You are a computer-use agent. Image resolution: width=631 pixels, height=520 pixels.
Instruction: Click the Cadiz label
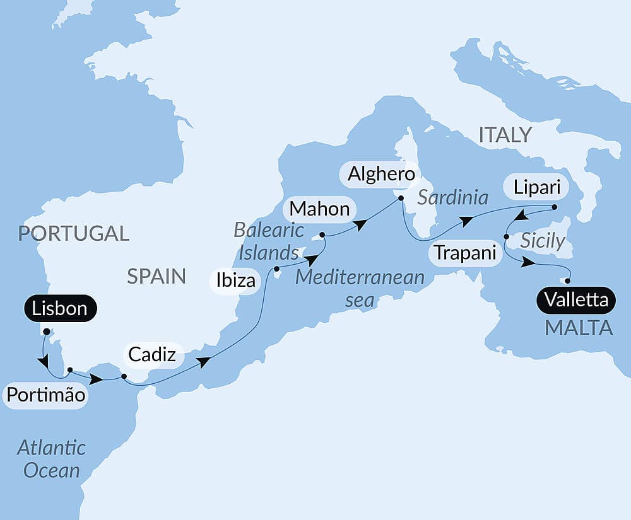(152, 355)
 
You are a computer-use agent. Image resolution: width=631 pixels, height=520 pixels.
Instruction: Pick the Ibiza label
(235, 280)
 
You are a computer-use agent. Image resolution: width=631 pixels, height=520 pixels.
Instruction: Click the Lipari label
(537, 187)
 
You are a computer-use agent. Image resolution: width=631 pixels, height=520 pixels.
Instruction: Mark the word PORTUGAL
(73, 233)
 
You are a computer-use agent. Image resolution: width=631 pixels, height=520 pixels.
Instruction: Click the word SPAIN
(156, 276)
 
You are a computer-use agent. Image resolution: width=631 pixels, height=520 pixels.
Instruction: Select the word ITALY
(505, 135)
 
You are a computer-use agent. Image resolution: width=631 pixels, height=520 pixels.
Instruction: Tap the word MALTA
(578, 328)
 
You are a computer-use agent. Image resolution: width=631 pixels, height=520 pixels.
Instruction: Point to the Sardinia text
(453, 198)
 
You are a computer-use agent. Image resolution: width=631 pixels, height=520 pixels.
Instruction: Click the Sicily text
(543, 241)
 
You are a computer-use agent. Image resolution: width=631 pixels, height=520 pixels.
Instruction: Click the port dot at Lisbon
(46, 330)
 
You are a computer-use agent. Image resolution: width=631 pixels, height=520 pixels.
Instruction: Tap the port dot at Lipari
(554, 207)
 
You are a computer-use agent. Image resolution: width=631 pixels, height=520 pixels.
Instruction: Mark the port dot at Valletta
(568, 281)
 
